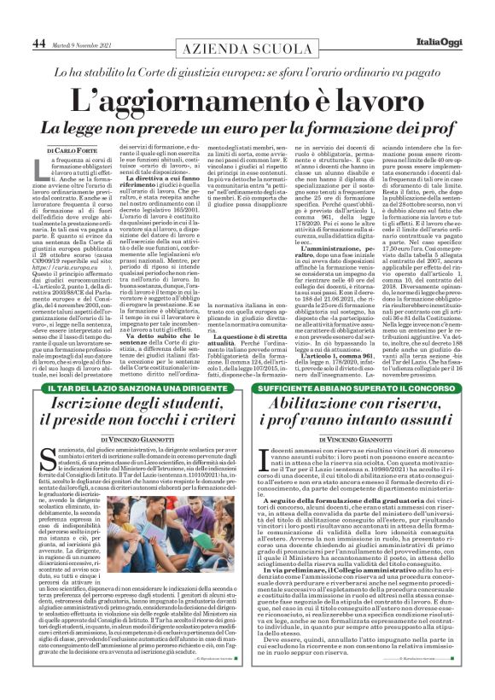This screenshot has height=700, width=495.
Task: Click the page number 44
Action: click(39, 43)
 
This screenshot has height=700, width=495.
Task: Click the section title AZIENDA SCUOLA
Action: click(247, 50)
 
